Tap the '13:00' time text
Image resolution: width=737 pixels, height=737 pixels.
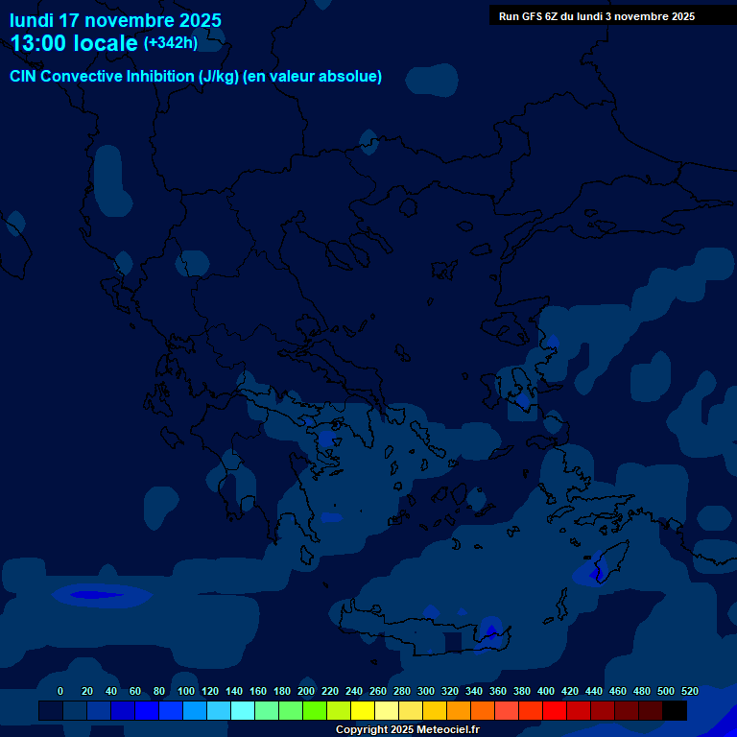click(39, 43)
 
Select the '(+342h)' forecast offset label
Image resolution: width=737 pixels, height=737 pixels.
click(171, 43)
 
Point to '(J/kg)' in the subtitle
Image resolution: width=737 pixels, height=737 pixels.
click(219, 77)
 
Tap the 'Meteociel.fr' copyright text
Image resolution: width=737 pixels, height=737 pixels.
click(442, 730)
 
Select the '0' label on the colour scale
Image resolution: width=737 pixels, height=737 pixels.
click(60, 691)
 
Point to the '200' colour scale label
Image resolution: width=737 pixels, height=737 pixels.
click(306, 691)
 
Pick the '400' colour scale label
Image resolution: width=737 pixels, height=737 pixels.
click(546, 691)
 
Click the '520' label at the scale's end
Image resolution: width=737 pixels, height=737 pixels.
click(689, 691)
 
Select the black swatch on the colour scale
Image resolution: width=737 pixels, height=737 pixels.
click(675, 711)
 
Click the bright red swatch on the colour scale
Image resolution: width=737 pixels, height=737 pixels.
click(555, 711)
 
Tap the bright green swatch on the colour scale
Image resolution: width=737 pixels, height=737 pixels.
click(315, 711)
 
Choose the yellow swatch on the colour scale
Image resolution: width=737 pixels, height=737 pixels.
click(363, 711)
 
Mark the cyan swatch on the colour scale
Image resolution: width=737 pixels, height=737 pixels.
click(243, 711)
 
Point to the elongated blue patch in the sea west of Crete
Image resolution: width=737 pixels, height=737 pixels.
click(101, 595)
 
